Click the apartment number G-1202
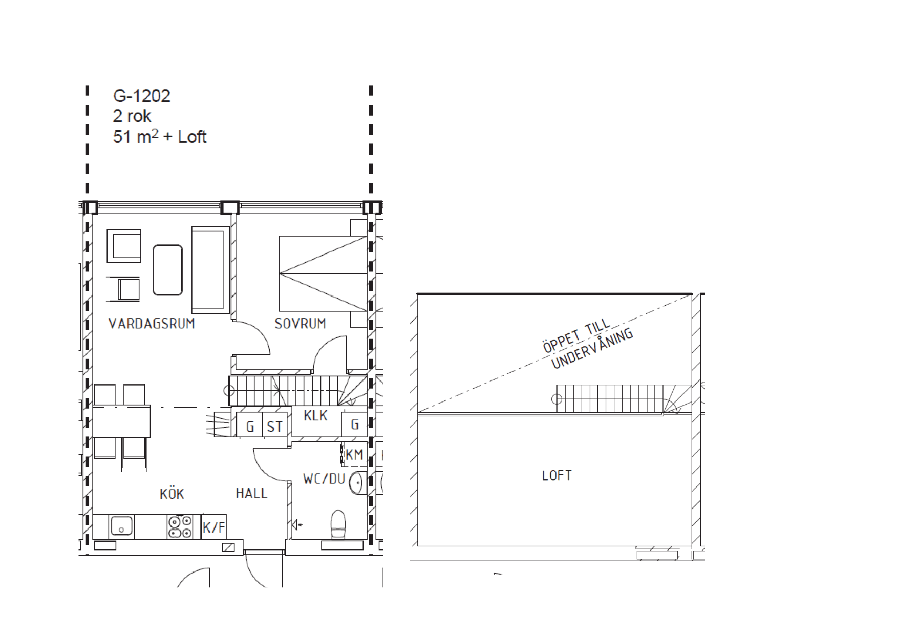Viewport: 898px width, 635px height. point(141,96)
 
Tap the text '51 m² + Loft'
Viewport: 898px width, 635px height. point(159,137)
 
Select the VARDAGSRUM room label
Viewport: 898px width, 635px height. point(152,324)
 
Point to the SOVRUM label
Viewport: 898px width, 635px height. point(300,324)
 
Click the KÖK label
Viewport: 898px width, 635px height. point(172,494)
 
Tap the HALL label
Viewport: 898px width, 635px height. point(251,493)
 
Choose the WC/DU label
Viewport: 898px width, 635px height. point(324,479)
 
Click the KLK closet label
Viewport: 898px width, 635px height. point(315,415)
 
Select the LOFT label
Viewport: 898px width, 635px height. point(557,476)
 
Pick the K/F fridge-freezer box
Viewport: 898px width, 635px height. point(213,526)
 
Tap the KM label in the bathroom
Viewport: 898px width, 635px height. point(354,454)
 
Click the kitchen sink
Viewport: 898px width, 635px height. point(121,526)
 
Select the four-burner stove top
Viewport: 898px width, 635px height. point(180,526)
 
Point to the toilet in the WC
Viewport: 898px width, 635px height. point(338,524)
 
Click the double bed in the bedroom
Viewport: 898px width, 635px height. point(323,273)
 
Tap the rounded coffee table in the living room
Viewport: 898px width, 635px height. point(168,270)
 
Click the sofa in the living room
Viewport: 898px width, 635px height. point(210,270)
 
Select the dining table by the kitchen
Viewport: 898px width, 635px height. point(121,421)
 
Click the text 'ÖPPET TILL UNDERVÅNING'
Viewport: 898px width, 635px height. point(588,344)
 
